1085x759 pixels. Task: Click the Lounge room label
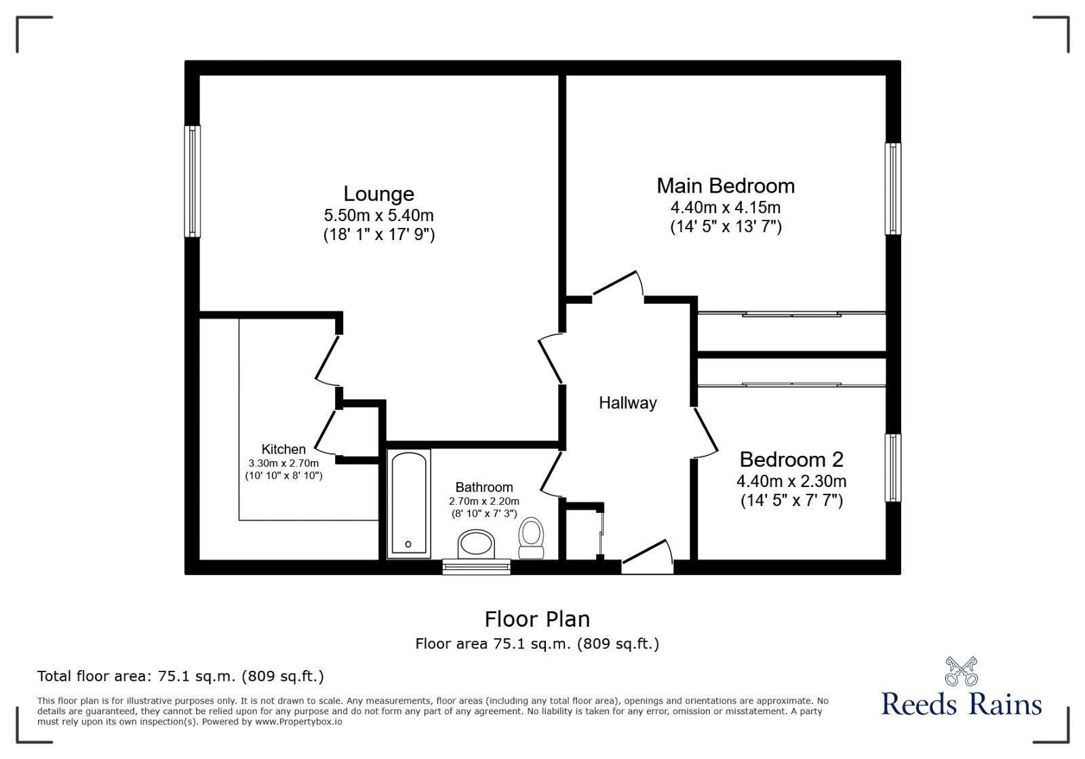click(378, 194)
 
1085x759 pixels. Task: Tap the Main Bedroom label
click(726, 186)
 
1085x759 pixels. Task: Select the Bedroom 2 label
click(791, 460)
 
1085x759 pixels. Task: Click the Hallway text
click(627, 403)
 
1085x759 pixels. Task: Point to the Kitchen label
click(283, 449)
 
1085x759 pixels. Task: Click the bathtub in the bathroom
click(408, 503)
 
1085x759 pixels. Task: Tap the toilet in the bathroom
click(531, 537)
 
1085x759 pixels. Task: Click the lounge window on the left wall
click(193, 181)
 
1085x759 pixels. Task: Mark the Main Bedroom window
click(893, 189)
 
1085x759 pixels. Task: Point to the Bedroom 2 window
click(893, 468)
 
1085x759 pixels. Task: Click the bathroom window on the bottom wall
click(476, 566)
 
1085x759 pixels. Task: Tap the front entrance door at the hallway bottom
click(647, 554)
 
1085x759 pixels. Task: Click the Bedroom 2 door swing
click(705, 431)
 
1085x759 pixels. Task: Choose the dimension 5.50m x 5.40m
click(378, 216)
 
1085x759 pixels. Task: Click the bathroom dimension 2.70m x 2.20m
click(484, 501)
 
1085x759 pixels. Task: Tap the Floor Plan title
click(537, 619)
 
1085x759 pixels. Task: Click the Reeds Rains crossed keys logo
click(961, 671)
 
